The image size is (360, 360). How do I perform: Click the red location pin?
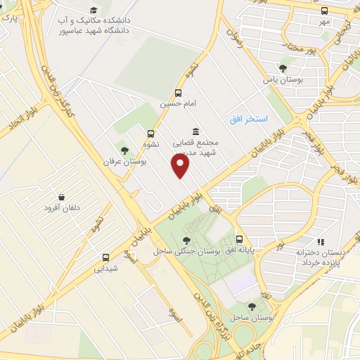(181, 166)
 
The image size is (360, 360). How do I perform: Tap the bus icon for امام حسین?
(179, 93)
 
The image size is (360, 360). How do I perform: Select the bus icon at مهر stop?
(323, 11)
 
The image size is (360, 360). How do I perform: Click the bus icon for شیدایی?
(105, 257)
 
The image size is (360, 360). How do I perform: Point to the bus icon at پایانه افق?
(240, 239)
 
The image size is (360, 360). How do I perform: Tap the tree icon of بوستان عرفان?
(124, 150)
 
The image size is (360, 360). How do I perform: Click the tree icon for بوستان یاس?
(283, 68)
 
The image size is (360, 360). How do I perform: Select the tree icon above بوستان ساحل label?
(252, 306)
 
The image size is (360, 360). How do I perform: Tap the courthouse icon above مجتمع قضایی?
(195, 131)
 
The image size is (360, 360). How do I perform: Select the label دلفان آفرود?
(63, 208)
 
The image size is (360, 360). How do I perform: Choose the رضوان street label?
(234, 31)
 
